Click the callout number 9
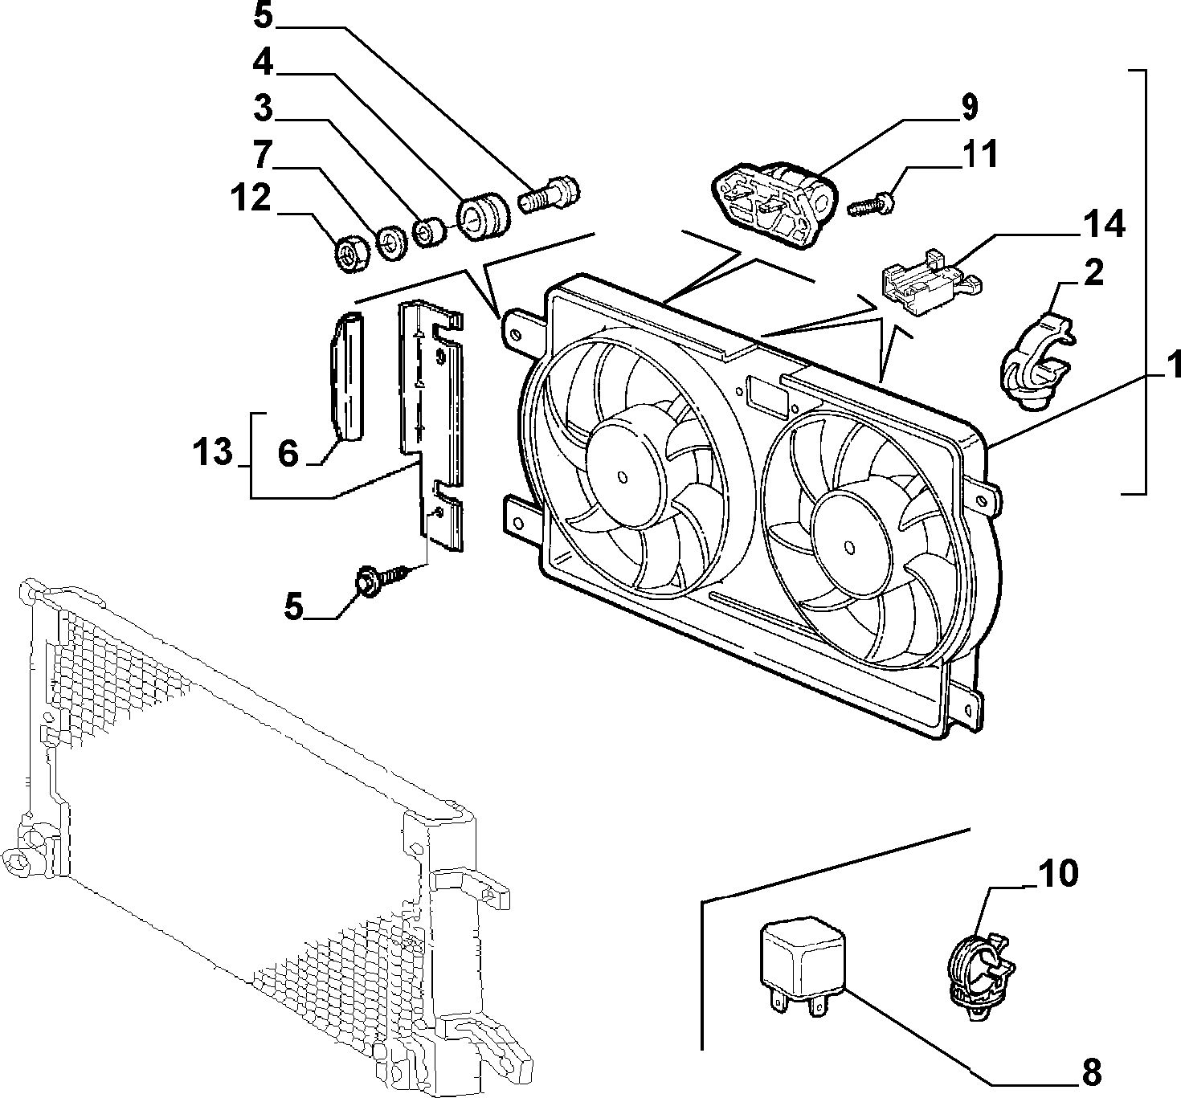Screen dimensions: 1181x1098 tap(969, 107)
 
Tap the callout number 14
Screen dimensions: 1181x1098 tap(1103, 224)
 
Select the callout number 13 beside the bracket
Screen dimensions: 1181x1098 tap(212, 452)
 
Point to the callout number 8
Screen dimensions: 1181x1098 tap(1091, 1071)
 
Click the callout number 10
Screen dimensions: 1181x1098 tap(1059, 874)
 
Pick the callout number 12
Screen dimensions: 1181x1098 tap(251, 197)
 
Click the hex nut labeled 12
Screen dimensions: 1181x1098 tap(351, 255)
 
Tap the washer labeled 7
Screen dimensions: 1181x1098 tap(392, 242)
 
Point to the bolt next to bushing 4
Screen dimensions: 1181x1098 tap(549, 194)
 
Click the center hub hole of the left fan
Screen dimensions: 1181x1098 tap(623, 477)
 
